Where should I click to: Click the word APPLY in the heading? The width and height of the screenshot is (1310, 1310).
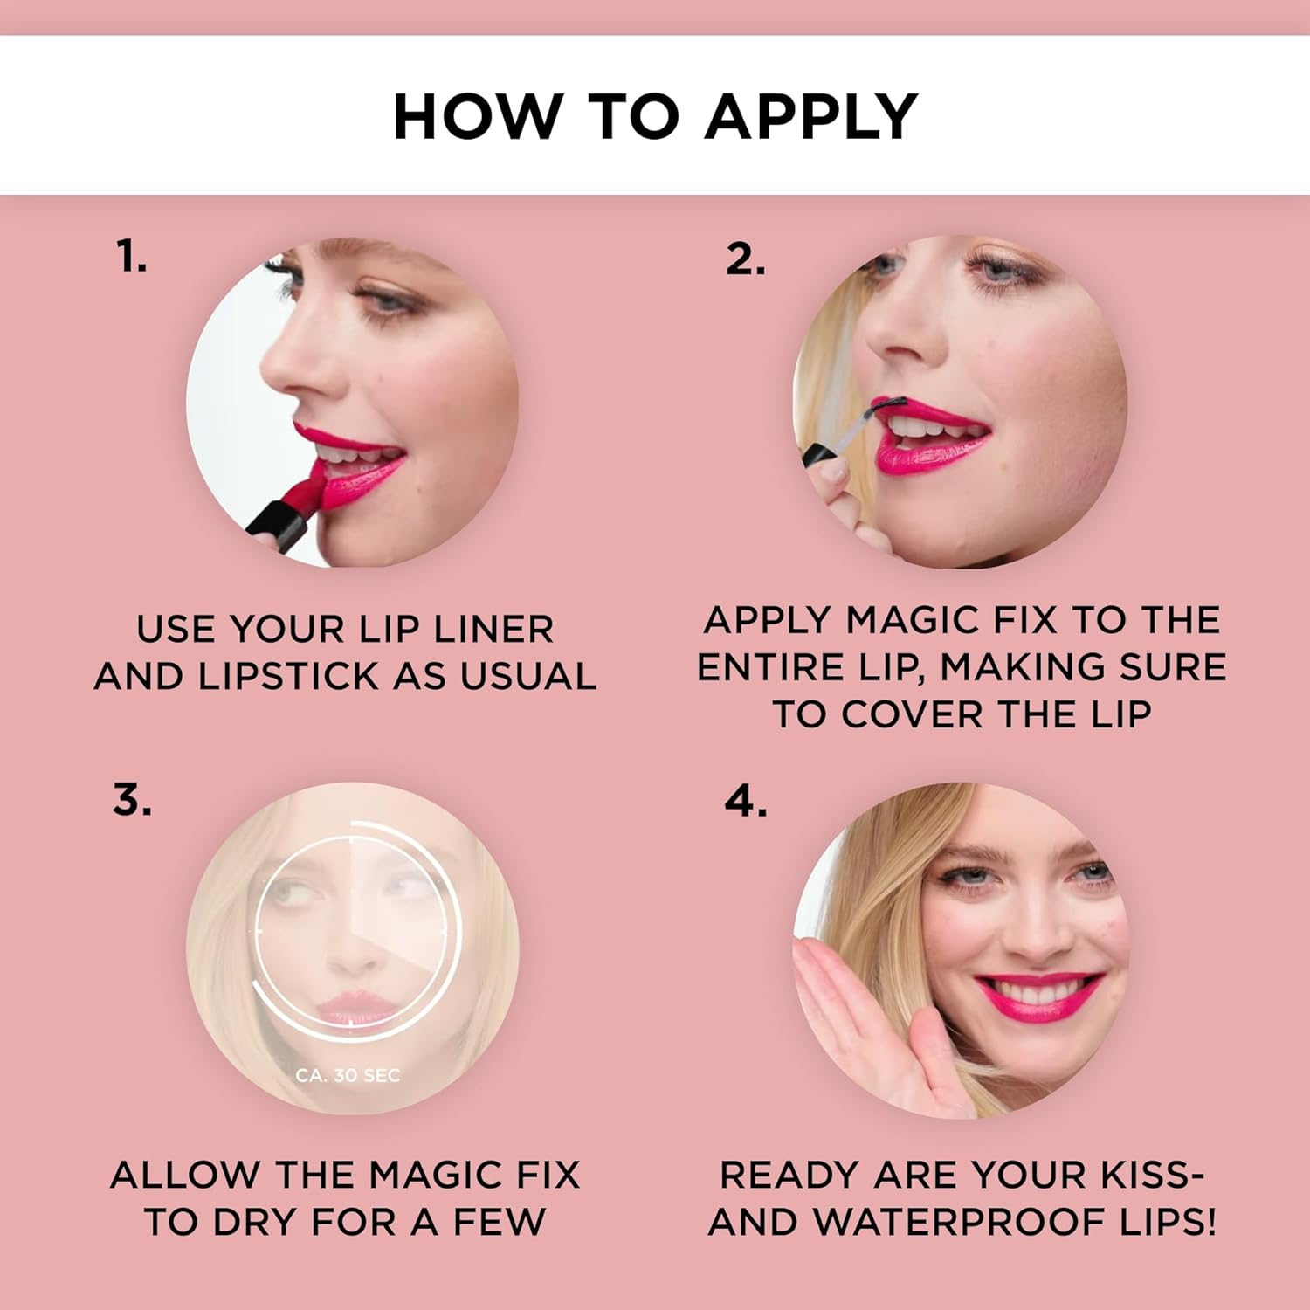tap(811, 116)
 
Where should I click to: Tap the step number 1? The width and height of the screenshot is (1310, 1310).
tap(131, 257)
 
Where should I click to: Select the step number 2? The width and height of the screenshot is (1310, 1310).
tap(745, 259)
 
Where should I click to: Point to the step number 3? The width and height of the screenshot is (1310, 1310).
tap(132, 799)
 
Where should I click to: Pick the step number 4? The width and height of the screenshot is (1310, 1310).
tap(746, 800)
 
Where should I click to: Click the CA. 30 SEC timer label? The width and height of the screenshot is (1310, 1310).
tap(348, 1075)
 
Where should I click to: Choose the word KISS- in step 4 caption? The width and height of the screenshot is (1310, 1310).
tap(1153, 1176)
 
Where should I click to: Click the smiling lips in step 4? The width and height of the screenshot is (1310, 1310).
tap(1039, 996)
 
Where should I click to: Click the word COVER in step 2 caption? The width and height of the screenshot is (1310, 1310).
tap(913, 715)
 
